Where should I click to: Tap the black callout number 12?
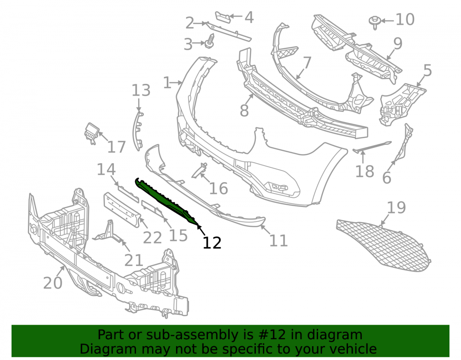212,243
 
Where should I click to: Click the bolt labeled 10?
375,22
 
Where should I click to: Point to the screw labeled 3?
210,41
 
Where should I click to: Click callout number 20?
53,283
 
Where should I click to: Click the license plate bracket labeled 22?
121,210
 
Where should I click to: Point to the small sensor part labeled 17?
92,133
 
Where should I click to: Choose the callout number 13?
141,90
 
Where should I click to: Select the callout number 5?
427,71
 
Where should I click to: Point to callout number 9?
398,43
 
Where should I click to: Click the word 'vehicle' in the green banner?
355,349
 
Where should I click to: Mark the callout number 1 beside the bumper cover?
167,83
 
